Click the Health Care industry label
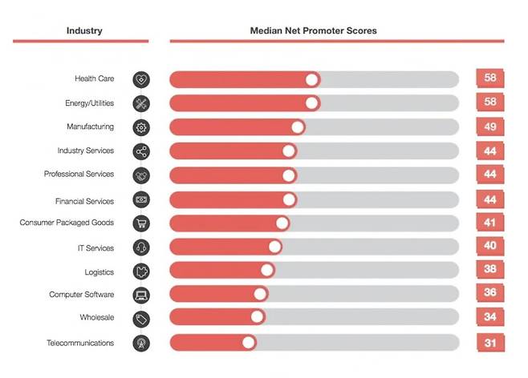tap(94, 79)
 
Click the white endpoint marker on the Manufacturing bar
tap(298, 127)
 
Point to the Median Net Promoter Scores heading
tap(313, 30)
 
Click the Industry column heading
tap(83, 30)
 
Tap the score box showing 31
tap(489, 342)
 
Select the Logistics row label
tap(100, 272)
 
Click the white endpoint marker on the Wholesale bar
tap(257, 317)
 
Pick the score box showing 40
tap(489, 246)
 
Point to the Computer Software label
tap(82, 295)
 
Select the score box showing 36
tap(489, 293)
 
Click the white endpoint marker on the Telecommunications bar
tap(249, 343)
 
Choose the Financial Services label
tap(85, 201)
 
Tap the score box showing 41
tap(489, 222)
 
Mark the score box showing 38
tap(489, 269)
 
